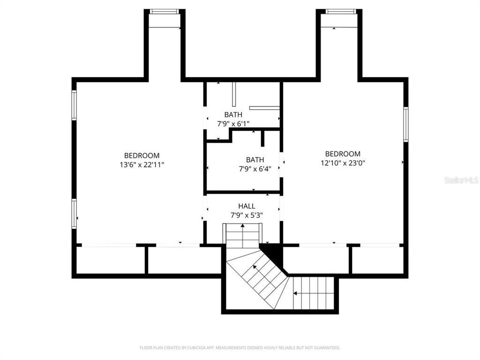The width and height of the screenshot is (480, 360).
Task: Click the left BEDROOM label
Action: click(x=142, y=156)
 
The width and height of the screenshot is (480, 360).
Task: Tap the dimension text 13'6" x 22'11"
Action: click(x=142, y=165)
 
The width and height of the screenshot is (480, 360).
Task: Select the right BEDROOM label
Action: click(x=343, y=154)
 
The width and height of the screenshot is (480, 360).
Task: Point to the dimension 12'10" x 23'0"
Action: click(x=343, y=163)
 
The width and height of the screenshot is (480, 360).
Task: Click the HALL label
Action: click(x=247, y=206)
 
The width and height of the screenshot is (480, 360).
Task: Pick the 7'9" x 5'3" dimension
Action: click(x=247, y=215)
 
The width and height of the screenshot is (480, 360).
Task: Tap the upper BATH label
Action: click(x=233, y=115)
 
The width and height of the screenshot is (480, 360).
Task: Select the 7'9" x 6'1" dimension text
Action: click(x=233, y=124)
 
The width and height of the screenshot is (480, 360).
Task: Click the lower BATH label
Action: click(x=255, y=160)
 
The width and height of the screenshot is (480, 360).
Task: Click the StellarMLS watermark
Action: click(x=461, y=180)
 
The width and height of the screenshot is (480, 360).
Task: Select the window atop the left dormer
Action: click(x=164, y=12)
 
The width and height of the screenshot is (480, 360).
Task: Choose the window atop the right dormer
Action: click(x=341, y=12)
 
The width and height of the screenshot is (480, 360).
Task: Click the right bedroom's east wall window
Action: click(x=405, y=124)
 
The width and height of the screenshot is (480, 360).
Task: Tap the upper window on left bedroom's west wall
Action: click(x=74, y=105)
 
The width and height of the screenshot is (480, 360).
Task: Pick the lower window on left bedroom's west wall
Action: click(x=74, y=214)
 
